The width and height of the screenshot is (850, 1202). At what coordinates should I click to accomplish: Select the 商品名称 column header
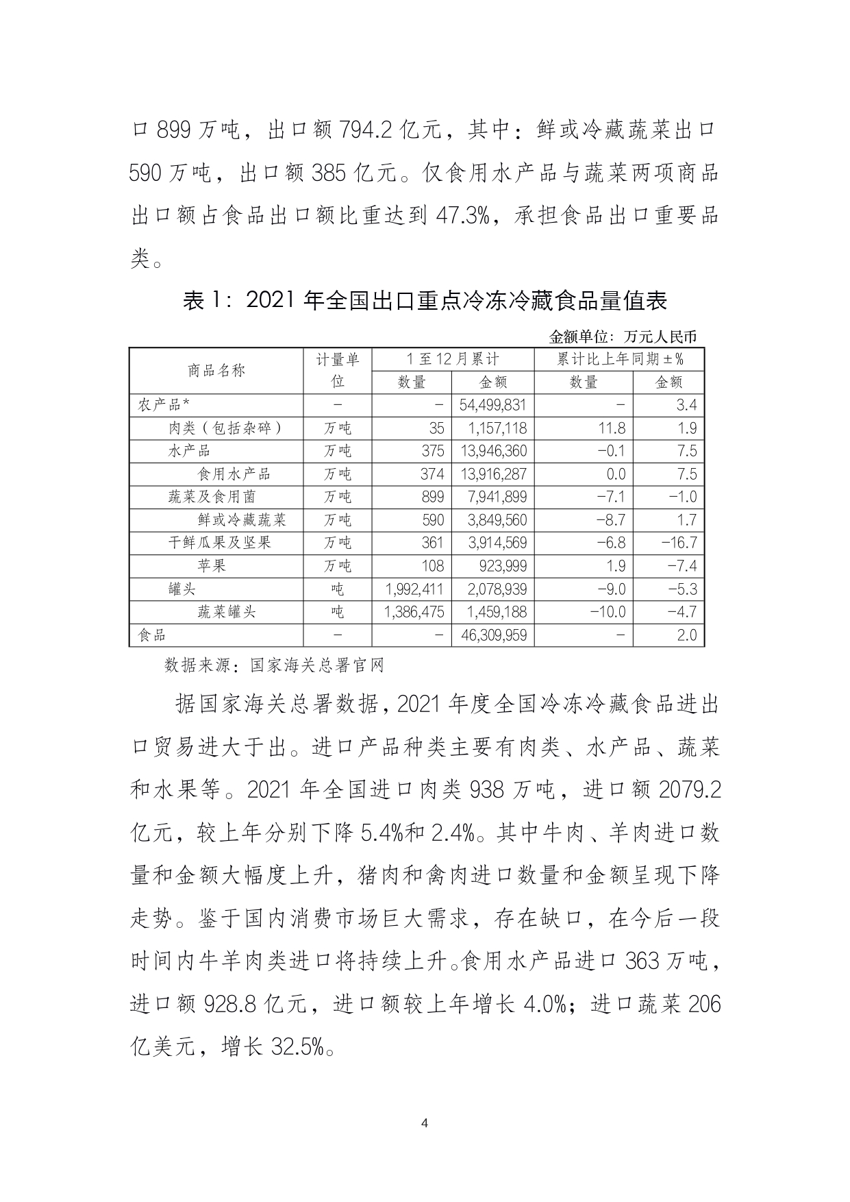[x=216, y=371]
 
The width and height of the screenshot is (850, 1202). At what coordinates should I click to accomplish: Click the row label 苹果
[x=212, y=566]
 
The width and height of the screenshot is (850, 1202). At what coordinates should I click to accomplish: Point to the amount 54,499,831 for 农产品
[x=493, y=405]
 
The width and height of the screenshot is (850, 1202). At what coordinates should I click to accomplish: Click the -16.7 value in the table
[x=678, y=543]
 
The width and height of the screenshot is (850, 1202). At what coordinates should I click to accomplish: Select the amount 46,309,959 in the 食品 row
[x=493, y=635]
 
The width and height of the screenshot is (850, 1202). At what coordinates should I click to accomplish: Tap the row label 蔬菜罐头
[x=227, y=612]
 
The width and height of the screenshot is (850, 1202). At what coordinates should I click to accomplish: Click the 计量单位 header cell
[x=338, y=371]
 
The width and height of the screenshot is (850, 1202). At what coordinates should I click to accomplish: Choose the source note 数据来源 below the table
[x=274, y=665]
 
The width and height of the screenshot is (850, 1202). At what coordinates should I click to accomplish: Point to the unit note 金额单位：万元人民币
[x=623, y=337]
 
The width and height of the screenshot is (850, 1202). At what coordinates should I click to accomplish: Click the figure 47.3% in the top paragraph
[x=462, y=215]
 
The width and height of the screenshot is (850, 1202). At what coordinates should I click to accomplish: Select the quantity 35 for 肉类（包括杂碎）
[x=436, y=428]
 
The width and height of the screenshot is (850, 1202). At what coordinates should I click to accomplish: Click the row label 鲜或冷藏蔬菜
[x=242, y=520]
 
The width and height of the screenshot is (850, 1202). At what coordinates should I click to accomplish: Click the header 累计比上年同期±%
[x=619, y=359]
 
